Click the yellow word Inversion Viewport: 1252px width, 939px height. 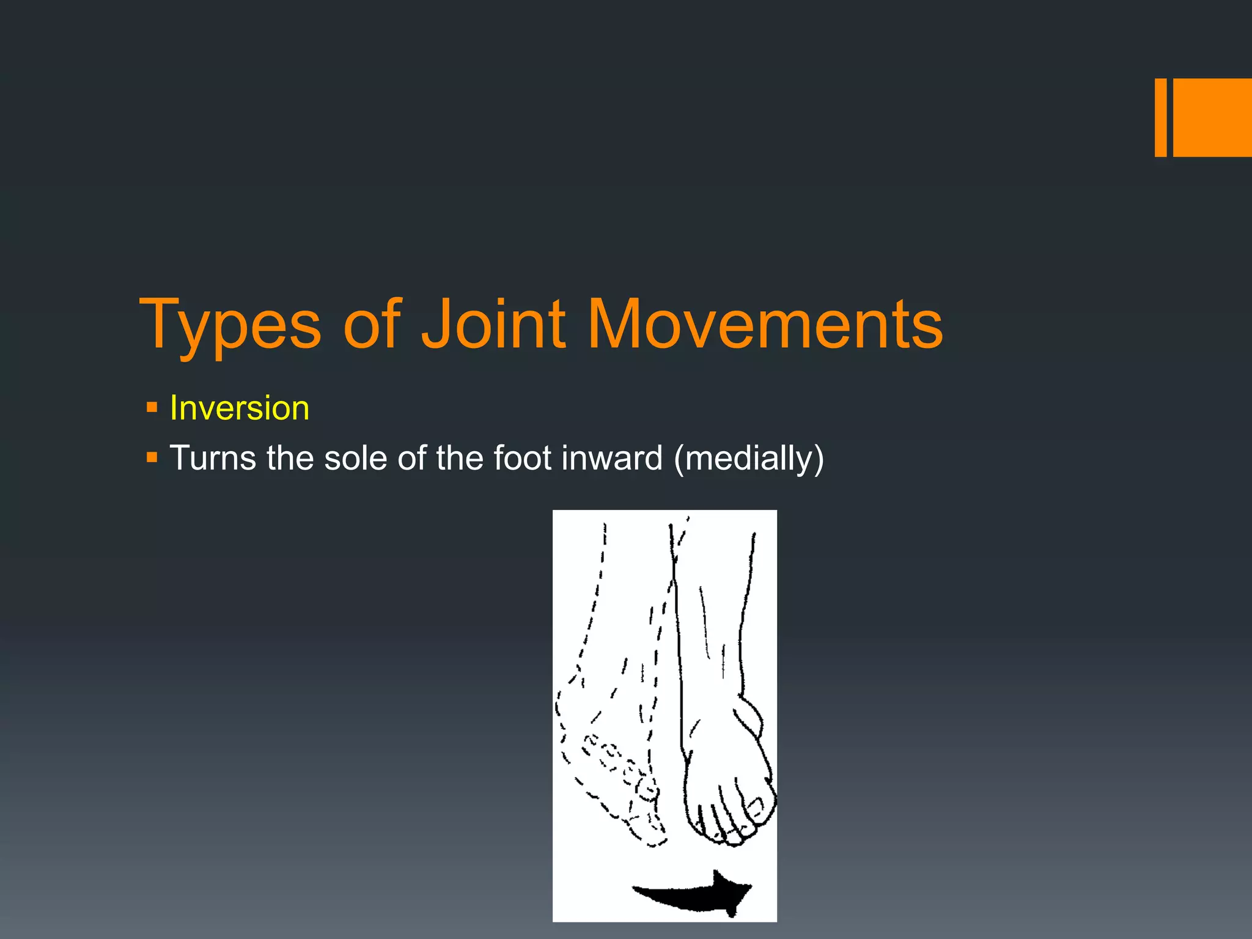(239, 408)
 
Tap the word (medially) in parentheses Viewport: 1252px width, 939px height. (749, 459)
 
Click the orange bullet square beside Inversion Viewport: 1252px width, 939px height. (152, 407)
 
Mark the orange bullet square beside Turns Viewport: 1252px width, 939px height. (152, 457)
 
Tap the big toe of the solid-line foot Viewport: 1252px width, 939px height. (758, 807)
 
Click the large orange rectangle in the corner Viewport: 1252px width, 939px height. (1212, 117)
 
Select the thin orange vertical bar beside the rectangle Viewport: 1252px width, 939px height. (1160, 117)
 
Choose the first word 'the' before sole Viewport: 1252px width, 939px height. (290, 458)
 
